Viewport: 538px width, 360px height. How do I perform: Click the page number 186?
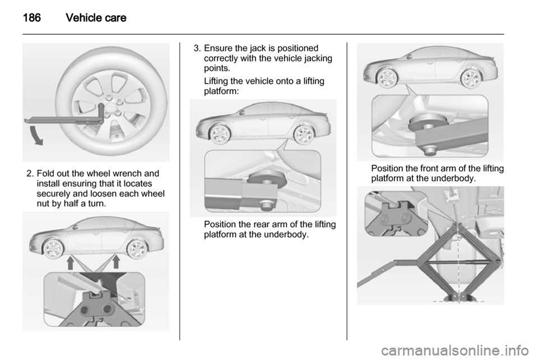point(32,18)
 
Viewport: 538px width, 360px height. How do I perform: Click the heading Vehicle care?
point(96,18)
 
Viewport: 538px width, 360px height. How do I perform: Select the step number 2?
point(29,174)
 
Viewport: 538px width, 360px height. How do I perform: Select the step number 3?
point(196,48)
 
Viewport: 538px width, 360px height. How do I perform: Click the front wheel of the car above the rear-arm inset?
point(220,134)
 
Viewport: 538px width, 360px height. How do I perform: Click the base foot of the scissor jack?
point(459,298)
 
